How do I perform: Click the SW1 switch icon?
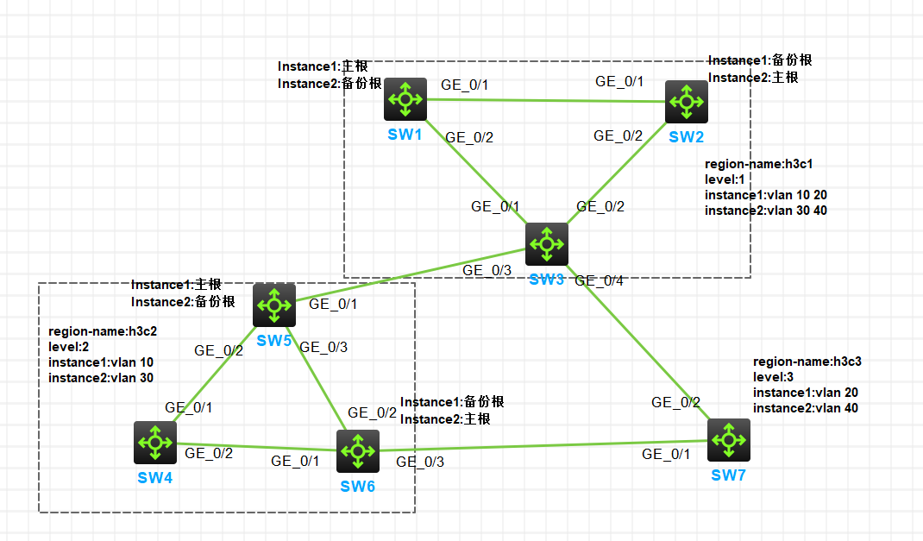click(x=405, y=99)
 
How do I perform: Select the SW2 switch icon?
click(x=686, y=101)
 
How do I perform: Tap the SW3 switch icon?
click(x=547, y=244)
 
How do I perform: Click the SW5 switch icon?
click(x=274, y=305)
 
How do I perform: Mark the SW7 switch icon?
click(x=729, y=440)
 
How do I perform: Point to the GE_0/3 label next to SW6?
click(x=420, y=462)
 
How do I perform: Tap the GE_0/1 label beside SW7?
click(x=667, y=455)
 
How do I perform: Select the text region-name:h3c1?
click(x=759, y=164)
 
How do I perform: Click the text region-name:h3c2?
click(x=102, y=330)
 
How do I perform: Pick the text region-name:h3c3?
click(x=807, y=362)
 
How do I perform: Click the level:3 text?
click(x=773, y=377)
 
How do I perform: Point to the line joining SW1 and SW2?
click(x=543, y=100)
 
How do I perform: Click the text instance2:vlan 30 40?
click(x=765, y=211)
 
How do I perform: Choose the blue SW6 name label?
click(x=357, y=486)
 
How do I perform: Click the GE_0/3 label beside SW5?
click(x=323, y=348)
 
